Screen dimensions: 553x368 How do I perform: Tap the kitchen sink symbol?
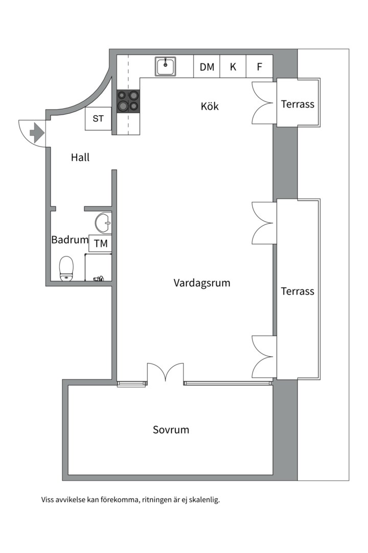pos(166,66)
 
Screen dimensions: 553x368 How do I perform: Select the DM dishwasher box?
pos(207,67)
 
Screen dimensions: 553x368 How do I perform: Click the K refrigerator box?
pos(233,67)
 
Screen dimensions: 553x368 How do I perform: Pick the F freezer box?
pos(260,67)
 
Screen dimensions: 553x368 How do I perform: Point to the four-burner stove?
pos(128,101)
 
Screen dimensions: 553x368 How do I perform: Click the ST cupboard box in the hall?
pos(98,119)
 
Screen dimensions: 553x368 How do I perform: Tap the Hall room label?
pos(80,158)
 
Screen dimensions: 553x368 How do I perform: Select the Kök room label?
pos(210,107)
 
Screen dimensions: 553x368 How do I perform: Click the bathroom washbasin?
pos(104,223)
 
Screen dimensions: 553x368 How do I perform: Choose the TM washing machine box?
pos(101,244)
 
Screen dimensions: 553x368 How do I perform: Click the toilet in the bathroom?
pos(67,268)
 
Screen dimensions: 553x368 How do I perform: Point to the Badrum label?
pos(70,240)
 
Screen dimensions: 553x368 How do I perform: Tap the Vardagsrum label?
pos(201,283)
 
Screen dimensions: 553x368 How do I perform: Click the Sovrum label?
pos(171,430)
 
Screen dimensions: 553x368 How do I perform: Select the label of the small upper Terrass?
pos(297,104)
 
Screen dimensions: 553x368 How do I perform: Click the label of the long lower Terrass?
pos(297,291)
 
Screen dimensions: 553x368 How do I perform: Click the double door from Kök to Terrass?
pos(264,103)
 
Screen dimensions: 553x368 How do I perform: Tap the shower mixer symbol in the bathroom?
pos(98,279)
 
